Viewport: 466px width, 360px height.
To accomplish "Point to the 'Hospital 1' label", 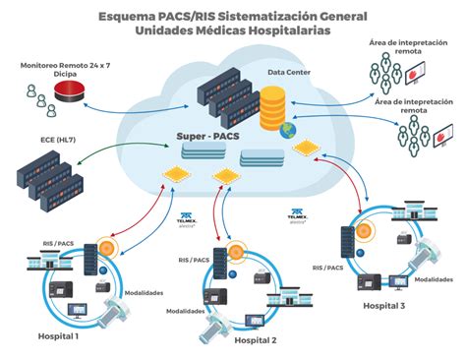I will pyautogui.click(x=57, y=336).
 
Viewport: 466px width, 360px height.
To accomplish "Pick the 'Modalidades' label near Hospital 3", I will pyautogui.click(x=434, y=279).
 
